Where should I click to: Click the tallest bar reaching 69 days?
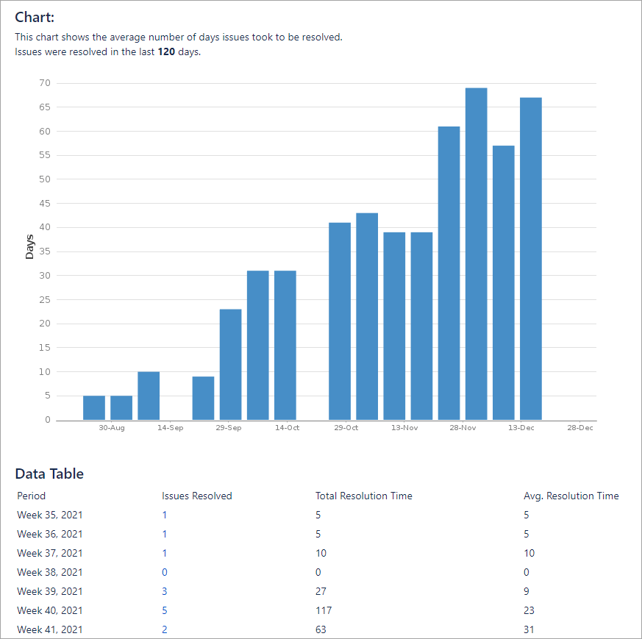pos(476,254)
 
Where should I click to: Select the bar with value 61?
pos(449,273)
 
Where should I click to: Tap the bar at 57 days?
pos(504,282)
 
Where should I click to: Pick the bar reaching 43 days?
pos(367,316)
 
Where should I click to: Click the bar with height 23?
pos(230,364)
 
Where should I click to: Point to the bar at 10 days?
pos(149,396)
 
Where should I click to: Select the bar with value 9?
pos(203,398)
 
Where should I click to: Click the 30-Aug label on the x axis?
pos(112,428)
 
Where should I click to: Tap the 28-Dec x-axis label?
pos(579,428)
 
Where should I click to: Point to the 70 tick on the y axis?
pos(45,83)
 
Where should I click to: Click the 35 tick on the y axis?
pos(45,251)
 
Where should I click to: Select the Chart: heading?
pos(35,18)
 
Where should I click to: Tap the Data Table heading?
pos(49,474)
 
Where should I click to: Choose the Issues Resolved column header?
pos(196,496)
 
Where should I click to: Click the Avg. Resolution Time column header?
pos(571,496)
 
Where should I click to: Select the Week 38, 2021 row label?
pos(49,572)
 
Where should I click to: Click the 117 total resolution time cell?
pos(324,610)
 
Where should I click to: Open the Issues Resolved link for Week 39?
pos(165,591)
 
